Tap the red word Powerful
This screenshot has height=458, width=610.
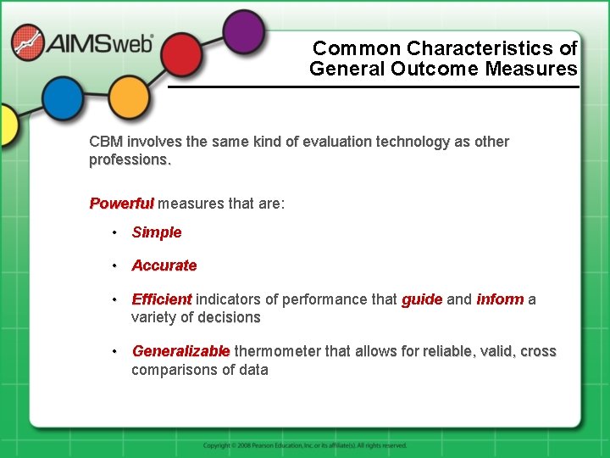122,204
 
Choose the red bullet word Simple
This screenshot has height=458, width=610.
157,232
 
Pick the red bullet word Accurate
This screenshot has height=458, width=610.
164,265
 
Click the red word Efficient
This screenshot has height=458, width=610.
162,299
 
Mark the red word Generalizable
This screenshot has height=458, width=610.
180,351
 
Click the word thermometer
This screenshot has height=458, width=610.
285,351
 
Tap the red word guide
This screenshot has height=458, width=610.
422,299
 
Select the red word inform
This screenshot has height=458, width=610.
500,299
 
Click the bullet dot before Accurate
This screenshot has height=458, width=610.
113,265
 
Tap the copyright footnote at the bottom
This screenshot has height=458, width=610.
305,445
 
